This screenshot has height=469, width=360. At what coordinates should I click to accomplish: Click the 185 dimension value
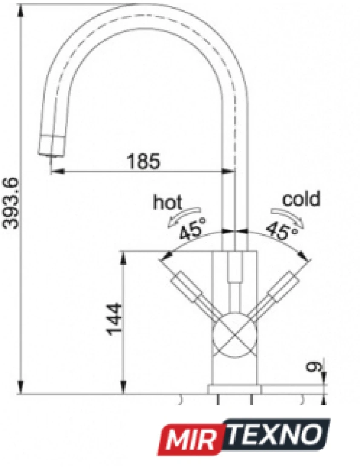tap(144, 162)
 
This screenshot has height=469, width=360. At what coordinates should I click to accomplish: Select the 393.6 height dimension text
tap(11, 204)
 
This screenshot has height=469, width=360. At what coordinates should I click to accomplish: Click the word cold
tap(301, 199)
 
